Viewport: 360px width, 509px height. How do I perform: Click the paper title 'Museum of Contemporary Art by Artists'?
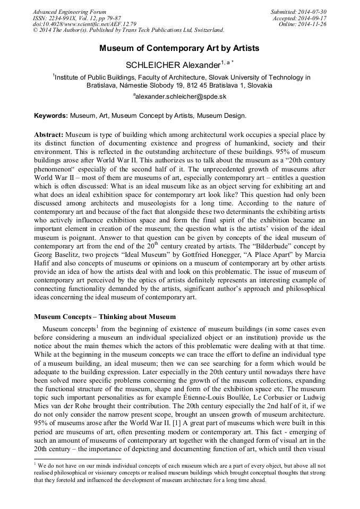[x=179, y=48]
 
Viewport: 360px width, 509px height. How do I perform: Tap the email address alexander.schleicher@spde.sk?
[x=181, y=97]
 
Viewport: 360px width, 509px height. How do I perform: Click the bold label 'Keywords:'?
[x=51, y=115]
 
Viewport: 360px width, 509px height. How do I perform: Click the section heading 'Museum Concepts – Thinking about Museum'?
[x=105, y=317]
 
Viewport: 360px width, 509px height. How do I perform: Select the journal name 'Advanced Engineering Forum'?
[x=70, y=12]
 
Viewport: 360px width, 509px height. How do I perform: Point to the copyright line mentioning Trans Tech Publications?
[x=128, y=30]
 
